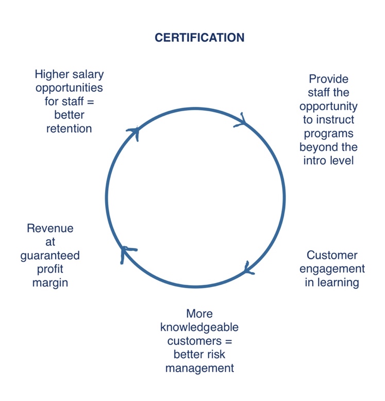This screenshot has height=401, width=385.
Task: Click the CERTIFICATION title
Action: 199,38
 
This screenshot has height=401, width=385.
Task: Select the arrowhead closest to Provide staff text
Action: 241,120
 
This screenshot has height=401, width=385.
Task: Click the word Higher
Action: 52,75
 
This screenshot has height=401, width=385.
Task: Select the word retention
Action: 69,129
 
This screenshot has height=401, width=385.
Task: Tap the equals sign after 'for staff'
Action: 91,102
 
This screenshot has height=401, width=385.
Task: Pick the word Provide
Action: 328,79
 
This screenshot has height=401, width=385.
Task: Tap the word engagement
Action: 332,269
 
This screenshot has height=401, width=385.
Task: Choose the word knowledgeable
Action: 199,328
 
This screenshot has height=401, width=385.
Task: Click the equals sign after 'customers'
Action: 228,341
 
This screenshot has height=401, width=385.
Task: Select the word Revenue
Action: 50,228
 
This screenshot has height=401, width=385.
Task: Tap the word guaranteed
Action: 50,256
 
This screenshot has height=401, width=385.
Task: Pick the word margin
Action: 50,283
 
